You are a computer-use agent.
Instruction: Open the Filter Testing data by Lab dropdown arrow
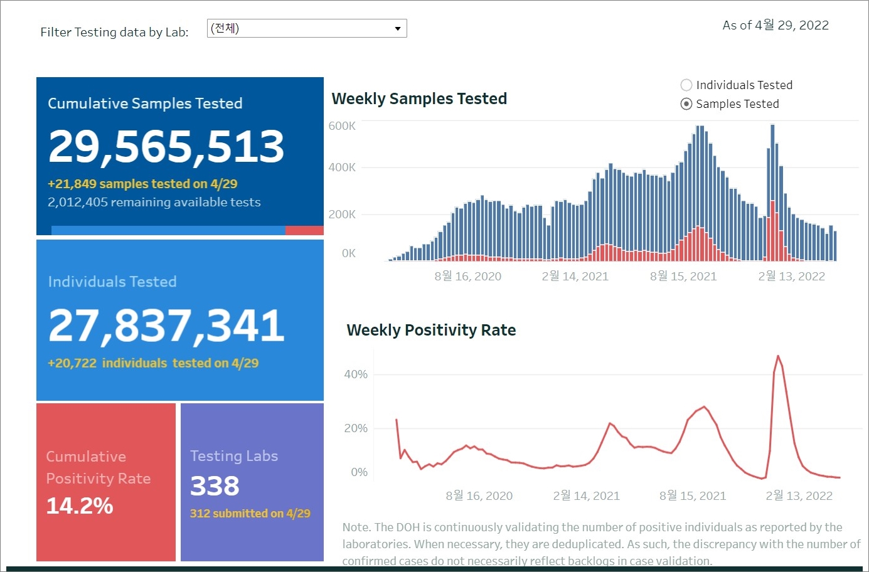[x=397, y=29]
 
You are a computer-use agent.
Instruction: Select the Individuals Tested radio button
[x=686, y=85]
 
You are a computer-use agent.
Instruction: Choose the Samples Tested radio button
[x=686, y=104]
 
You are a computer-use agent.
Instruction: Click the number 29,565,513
[x=166, y=147]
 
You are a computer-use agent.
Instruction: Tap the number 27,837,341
[x=166, y=326]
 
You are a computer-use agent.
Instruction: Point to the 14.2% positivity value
[x=80, y=506]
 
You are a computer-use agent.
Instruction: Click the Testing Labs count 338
[x=215, y=486]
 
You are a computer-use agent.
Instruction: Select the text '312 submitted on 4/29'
[x=250, y=514]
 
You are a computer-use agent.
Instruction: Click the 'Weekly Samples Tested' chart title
[x=419, y=99]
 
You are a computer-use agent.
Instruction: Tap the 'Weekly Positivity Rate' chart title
[x=431, y=331]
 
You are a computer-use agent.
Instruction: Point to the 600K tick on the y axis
[x=342, y=126]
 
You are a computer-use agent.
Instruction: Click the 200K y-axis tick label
[x=342, y=214]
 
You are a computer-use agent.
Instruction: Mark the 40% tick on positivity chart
[x=356, y=374]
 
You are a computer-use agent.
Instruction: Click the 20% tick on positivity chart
[x=356, y=428]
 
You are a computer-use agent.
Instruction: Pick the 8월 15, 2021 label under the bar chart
[x=683, y=277]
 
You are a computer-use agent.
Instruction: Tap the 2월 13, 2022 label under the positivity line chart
[x=799, y=496]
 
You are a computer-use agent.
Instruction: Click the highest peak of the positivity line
[x=778, y=356]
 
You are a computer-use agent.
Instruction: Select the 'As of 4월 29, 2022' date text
[x=776, y=26]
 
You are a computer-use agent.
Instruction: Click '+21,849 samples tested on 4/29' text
[x=142, y=184]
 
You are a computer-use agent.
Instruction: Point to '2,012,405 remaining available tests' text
[x=154, y=203]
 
